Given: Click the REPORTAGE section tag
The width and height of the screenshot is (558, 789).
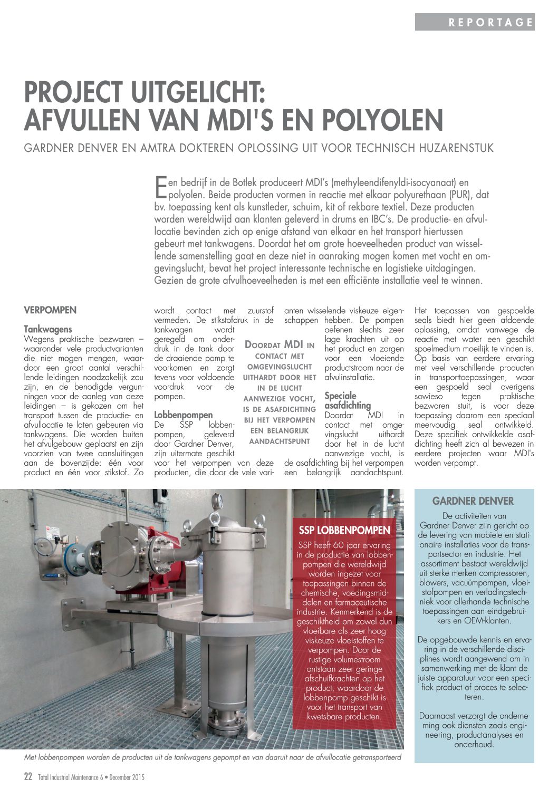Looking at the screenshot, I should tap(490, 22).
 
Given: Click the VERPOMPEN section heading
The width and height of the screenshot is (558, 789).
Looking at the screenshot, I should tap(50, 310).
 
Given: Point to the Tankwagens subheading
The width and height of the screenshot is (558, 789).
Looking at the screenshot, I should tap(48, 329).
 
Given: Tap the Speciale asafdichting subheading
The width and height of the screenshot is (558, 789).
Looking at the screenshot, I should tap(348, 400).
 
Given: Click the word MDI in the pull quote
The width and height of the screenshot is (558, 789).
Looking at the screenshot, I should tap(294, 344).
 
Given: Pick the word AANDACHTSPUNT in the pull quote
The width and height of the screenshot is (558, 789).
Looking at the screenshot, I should tap(279, 441).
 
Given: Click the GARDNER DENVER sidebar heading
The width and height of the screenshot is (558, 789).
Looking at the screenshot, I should tap(473, 501).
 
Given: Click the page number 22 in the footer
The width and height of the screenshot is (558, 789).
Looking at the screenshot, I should tap(28, 777).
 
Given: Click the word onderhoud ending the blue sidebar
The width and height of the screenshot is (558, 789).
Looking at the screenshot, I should tap(474, 744).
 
